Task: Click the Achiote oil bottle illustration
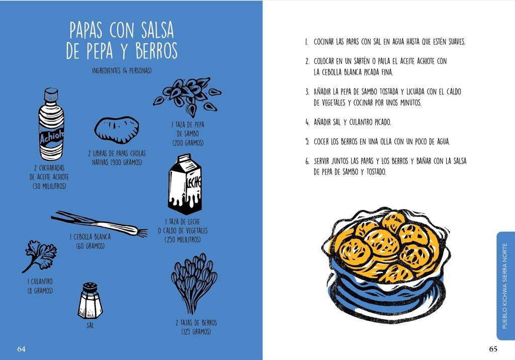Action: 51,124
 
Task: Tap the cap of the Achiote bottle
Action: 51,94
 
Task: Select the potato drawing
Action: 117,130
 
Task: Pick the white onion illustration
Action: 99,224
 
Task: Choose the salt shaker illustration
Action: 90,301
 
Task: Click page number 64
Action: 21,349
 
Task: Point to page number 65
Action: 493,349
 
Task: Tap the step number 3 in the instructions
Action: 307,92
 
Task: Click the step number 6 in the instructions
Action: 307,161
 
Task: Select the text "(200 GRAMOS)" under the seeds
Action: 188,143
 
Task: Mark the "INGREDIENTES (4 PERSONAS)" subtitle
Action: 122,70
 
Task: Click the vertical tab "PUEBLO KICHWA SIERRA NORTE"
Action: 504,286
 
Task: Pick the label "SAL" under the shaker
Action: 90,325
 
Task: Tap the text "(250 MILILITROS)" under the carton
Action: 183,240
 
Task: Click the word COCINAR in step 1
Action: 324,42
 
